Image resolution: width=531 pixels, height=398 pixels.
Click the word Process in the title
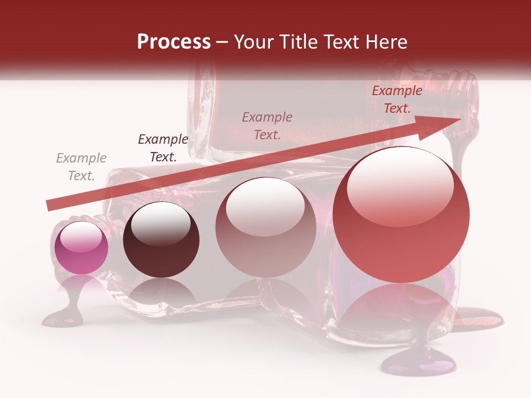coord(174,42)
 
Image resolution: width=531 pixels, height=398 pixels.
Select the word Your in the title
coord(253,42)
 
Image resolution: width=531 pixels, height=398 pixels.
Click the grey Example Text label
coord(81,167)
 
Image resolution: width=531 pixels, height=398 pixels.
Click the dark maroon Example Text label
coord(163,148)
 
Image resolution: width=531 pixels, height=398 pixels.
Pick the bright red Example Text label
coord(397,99)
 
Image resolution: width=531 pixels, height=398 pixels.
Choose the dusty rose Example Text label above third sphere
coord(267,126)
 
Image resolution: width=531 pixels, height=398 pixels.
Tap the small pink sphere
coord(81,248)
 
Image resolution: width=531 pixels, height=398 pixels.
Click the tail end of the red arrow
coord(51,206)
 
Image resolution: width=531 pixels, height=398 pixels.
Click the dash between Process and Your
coord(222,42)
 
